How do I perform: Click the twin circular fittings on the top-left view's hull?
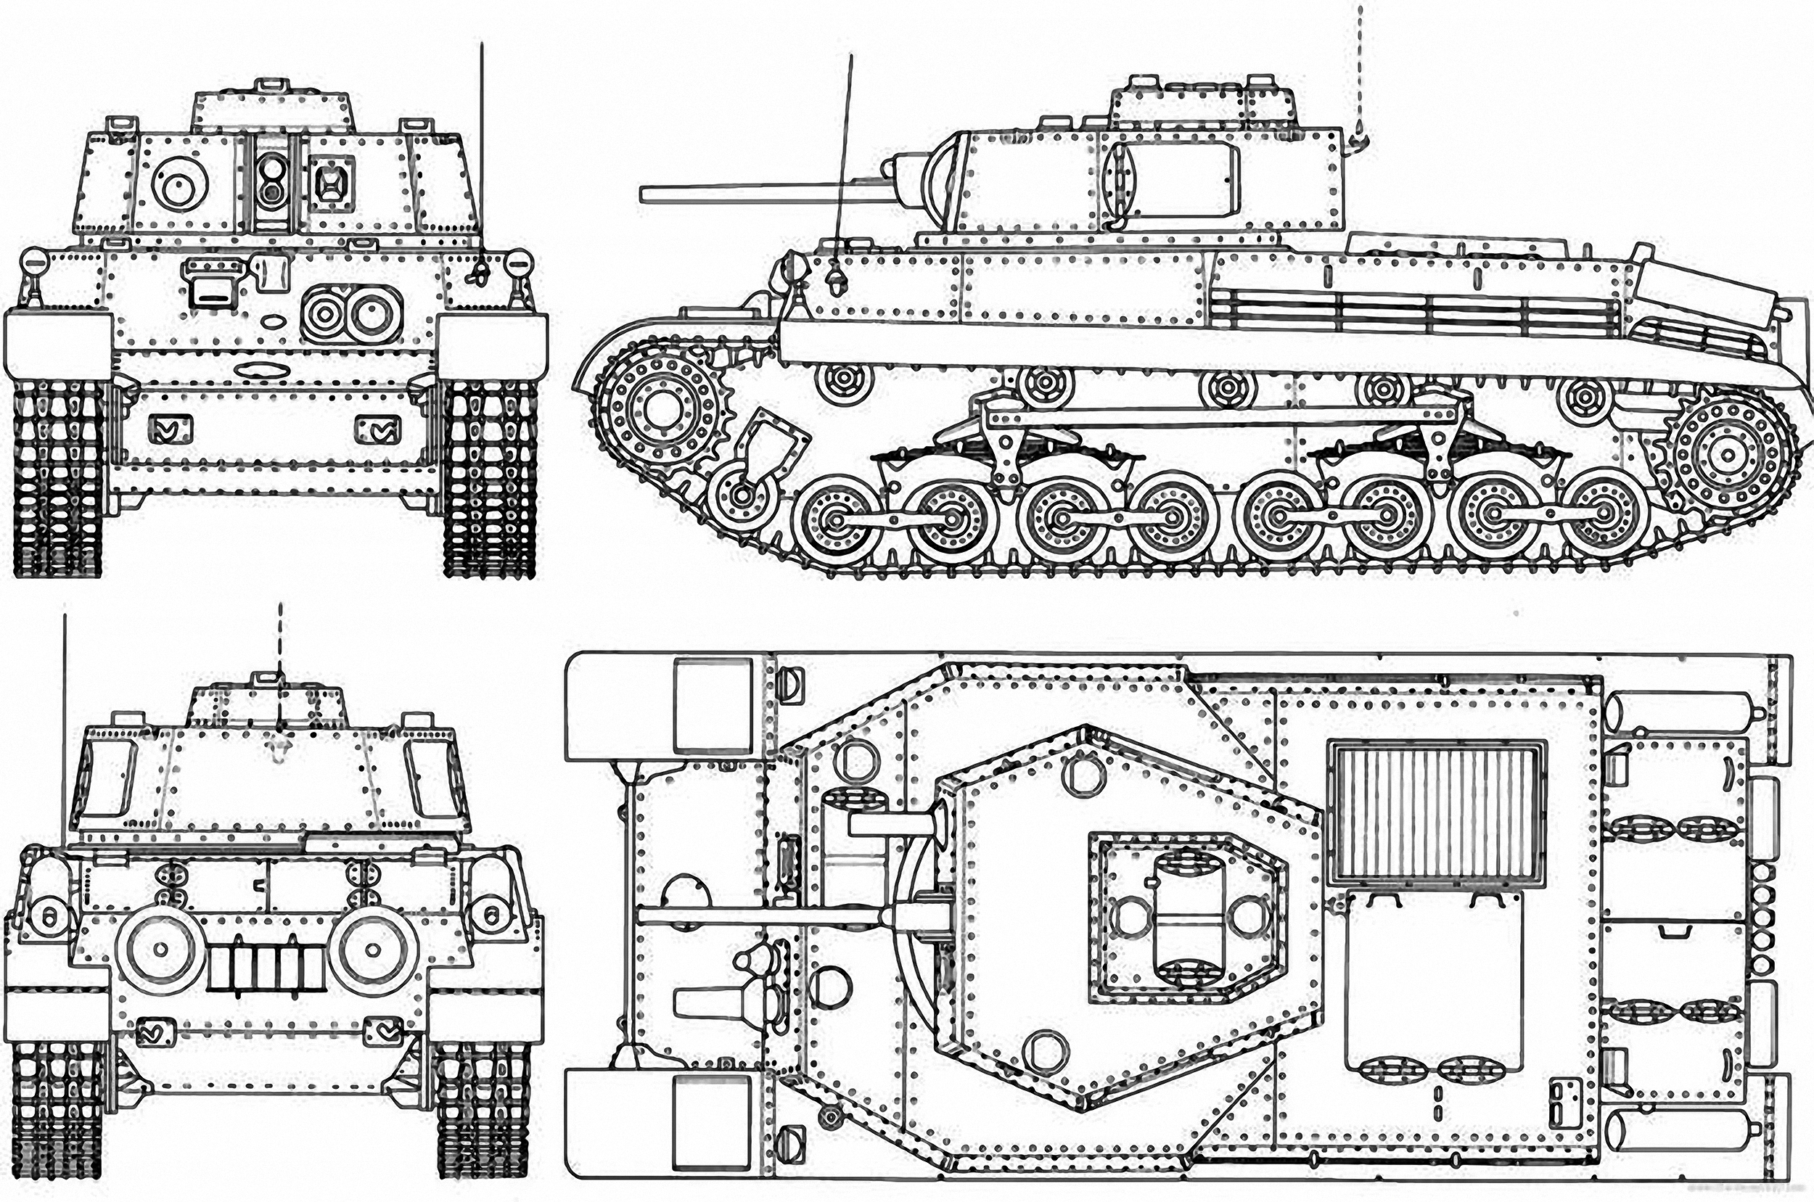353,311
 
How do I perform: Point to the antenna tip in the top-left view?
482,46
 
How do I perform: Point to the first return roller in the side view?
843,379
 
